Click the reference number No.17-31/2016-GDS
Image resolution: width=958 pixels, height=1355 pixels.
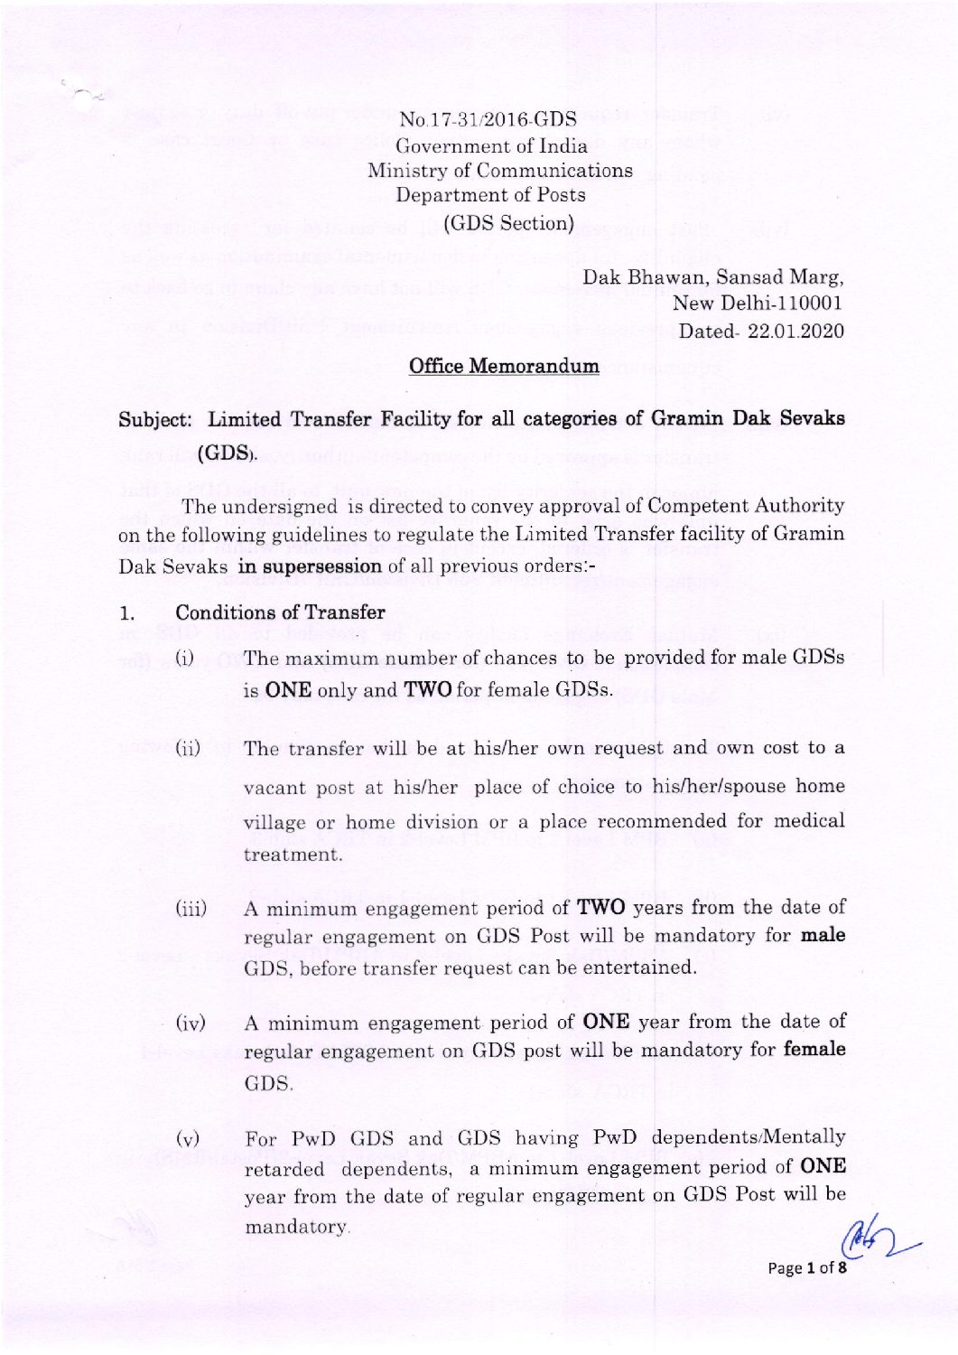[x=488, y=119]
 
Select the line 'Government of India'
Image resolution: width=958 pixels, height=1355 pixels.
[x=491, y=145]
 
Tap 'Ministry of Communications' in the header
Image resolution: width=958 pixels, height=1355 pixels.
[x=499, y=171]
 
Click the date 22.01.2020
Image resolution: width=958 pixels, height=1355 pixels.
[x=795, y=331]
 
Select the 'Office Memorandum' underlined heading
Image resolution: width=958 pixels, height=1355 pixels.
[x=504, y=366]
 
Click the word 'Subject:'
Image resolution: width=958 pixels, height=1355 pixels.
[x=155, y=420]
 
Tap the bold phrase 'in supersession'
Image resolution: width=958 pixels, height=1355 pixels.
[x=310, y=566]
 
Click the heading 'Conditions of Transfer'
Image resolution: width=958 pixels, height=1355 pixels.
[x=280, y=612]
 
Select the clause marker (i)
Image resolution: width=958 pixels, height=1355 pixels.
[x=184, y=659]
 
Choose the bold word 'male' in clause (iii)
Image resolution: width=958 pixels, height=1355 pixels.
[x=823, y=935]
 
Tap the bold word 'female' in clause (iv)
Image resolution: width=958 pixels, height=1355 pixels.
[x=814, y=1050]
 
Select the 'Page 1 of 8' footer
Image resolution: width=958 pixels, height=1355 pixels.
[x=806, y=1268]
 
